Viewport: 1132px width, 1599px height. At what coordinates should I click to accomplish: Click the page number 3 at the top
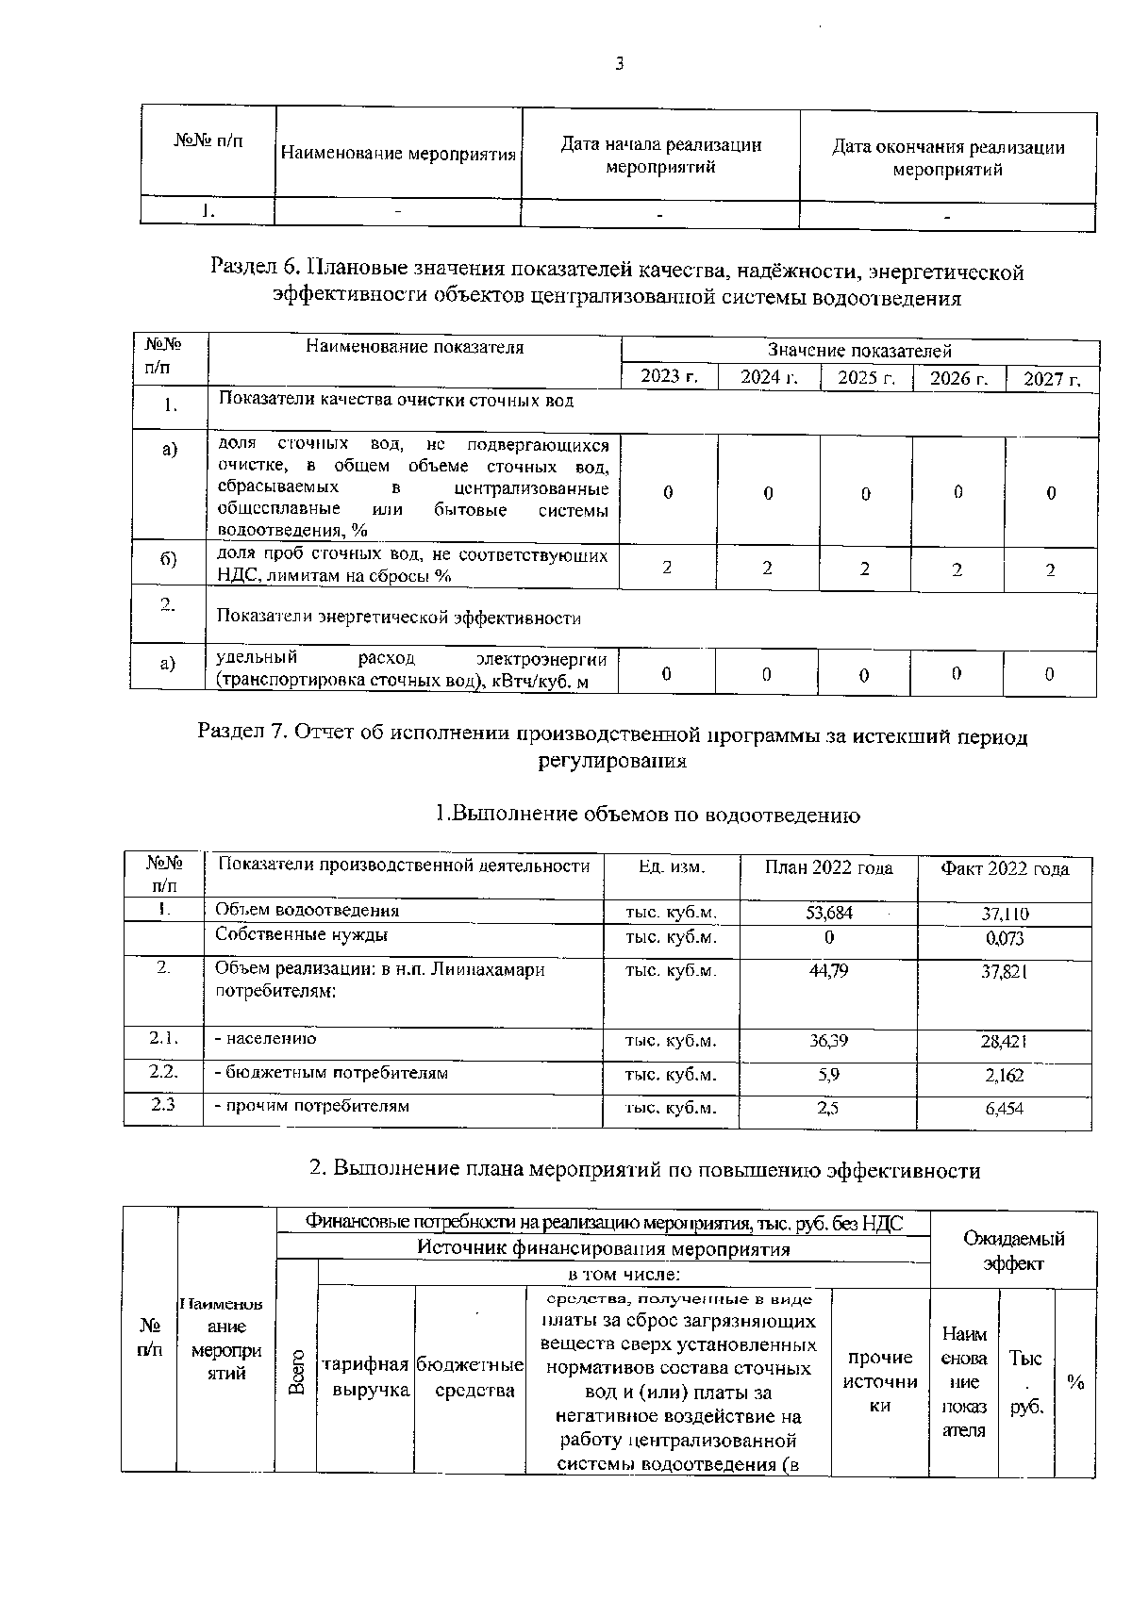tap(619, 64)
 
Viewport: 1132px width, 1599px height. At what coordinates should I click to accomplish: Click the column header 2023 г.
tap(669, 377)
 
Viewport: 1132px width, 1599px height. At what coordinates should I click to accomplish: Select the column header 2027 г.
tap(1052, 379)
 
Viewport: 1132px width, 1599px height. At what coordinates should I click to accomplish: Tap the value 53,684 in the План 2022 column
tap(827, 912)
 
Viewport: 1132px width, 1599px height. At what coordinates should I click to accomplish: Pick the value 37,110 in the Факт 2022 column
tap(1005, 914)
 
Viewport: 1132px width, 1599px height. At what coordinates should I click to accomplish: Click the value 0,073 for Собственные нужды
tap(1005, 938)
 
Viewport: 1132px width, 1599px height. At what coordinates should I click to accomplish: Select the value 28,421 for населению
tap(1005, 1042)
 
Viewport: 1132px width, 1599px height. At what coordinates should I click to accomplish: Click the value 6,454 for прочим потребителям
tap(1005, 1110)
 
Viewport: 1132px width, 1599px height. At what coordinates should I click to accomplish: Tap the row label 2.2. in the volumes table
tap(163, 1072)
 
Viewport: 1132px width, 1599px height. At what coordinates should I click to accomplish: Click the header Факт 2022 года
tap(1005, 868)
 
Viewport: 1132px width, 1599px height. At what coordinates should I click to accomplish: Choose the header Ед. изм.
tap(671, 865)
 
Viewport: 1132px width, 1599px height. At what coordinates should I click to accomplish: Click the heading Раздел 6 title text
tap(617, 285)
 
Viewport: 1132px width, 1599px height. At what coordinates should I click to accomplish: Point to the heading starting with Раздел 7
tap(612, 748)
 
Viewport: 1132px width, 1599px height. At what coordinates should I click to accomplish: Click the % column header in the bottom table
tap(1075, 1382)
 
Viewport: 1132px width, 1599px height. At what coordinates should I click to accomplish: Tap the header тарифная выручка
tap(366, 1377)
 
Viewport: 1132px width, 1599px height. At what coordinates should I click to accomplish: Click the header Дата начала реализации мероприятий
tap(660, 156)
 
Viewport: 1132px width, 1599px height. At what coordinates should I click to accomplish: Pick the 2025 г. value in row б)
tap(865, 569)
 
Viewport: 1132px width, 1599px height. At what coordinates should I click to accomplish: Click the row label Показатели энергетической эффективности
tap(399, 618)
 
